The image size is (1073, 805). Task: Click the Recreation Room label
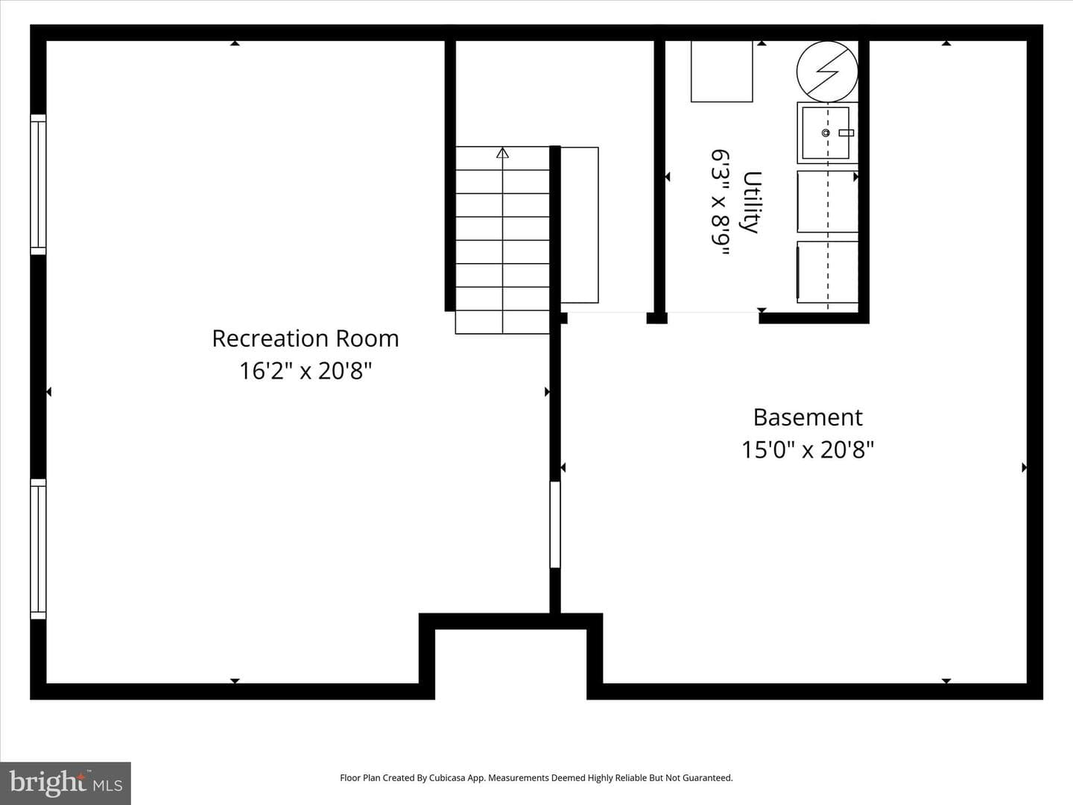pos(306,338)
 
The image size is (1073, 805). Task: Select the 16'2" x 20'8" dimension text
pos(306,370)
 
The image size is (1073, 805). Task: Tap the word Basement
pos(808,417)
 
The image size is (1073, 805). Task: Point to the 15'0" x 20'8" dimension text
pos(808,449)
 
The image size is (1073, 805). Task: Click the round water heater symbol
pos(827,72)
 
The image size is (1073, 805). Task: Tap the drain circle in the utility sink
pos(826,133)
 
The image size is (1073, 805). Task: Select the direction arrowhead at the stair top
pos(502,153)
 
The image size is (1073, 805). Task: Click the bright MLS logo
pos(66,783)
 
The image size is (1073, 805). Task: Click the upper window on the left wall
pos(38,185)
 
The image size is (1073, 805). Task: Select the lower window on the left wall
pos(38,549)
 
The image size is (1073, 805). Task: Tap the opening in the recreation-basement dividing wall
pos(555,525)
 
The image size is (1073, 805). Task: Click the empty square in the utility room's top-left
pos(721,72)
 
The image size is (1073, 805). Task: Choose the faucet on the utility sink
pos(846,133)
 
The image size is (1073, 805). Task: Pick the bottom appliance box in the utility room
pos(828,272)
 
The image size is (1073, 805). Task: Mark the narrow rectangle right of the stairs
pos(579,225)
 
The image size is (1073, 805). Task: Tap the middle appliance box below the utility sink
pos(828,201)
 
